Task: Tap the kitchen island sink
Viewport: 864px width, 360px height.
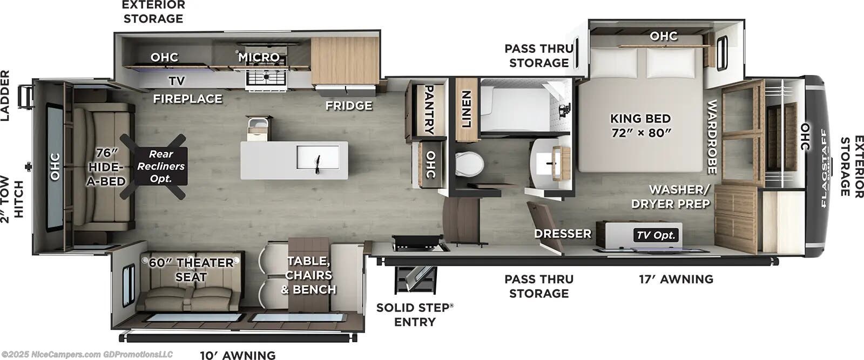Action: pos(318,157)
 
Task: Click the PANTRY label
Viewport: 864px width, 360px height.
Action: pos(429,110)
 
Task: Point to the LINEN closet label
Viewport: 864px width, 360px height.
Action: pos(467,109)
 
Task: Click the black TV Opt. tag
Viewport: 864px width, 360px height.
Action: pos(656,235)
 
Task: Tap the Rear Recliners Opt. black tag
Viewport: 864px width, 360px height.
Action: pos(161,166)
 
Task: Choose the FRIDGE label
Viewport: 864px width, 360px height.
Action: pos(349,106)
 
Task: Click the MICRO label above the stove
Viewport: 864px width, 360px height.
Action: pos(259,57)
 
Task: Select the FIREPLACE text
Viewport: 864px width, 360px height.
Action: pos(187,99)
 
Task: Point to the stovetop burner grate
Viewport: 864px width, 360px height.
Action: pos(266,77)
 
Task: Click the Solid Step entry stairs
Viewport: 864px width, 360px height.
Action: pos(415,280)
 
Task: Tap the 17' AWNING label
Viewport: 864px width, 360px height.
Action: pos(676,279)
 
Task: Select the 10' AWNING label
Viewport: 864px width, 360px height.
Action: pos(238,355)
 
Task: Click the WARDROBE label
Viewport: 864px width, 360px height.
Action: pos(712,137)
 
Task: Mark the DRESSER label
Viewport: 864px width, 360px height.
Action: pos(562,234)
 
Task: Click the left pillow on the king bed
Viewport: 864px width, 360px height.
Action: pos(613,63)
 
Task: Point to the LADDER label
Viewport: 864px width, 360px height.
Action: pos(5,96)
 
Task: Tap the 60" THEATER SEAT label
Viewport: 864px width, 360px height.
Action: pos(191,270)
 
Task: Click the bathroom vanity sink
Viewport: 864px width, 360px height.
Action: pos(551,164)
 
